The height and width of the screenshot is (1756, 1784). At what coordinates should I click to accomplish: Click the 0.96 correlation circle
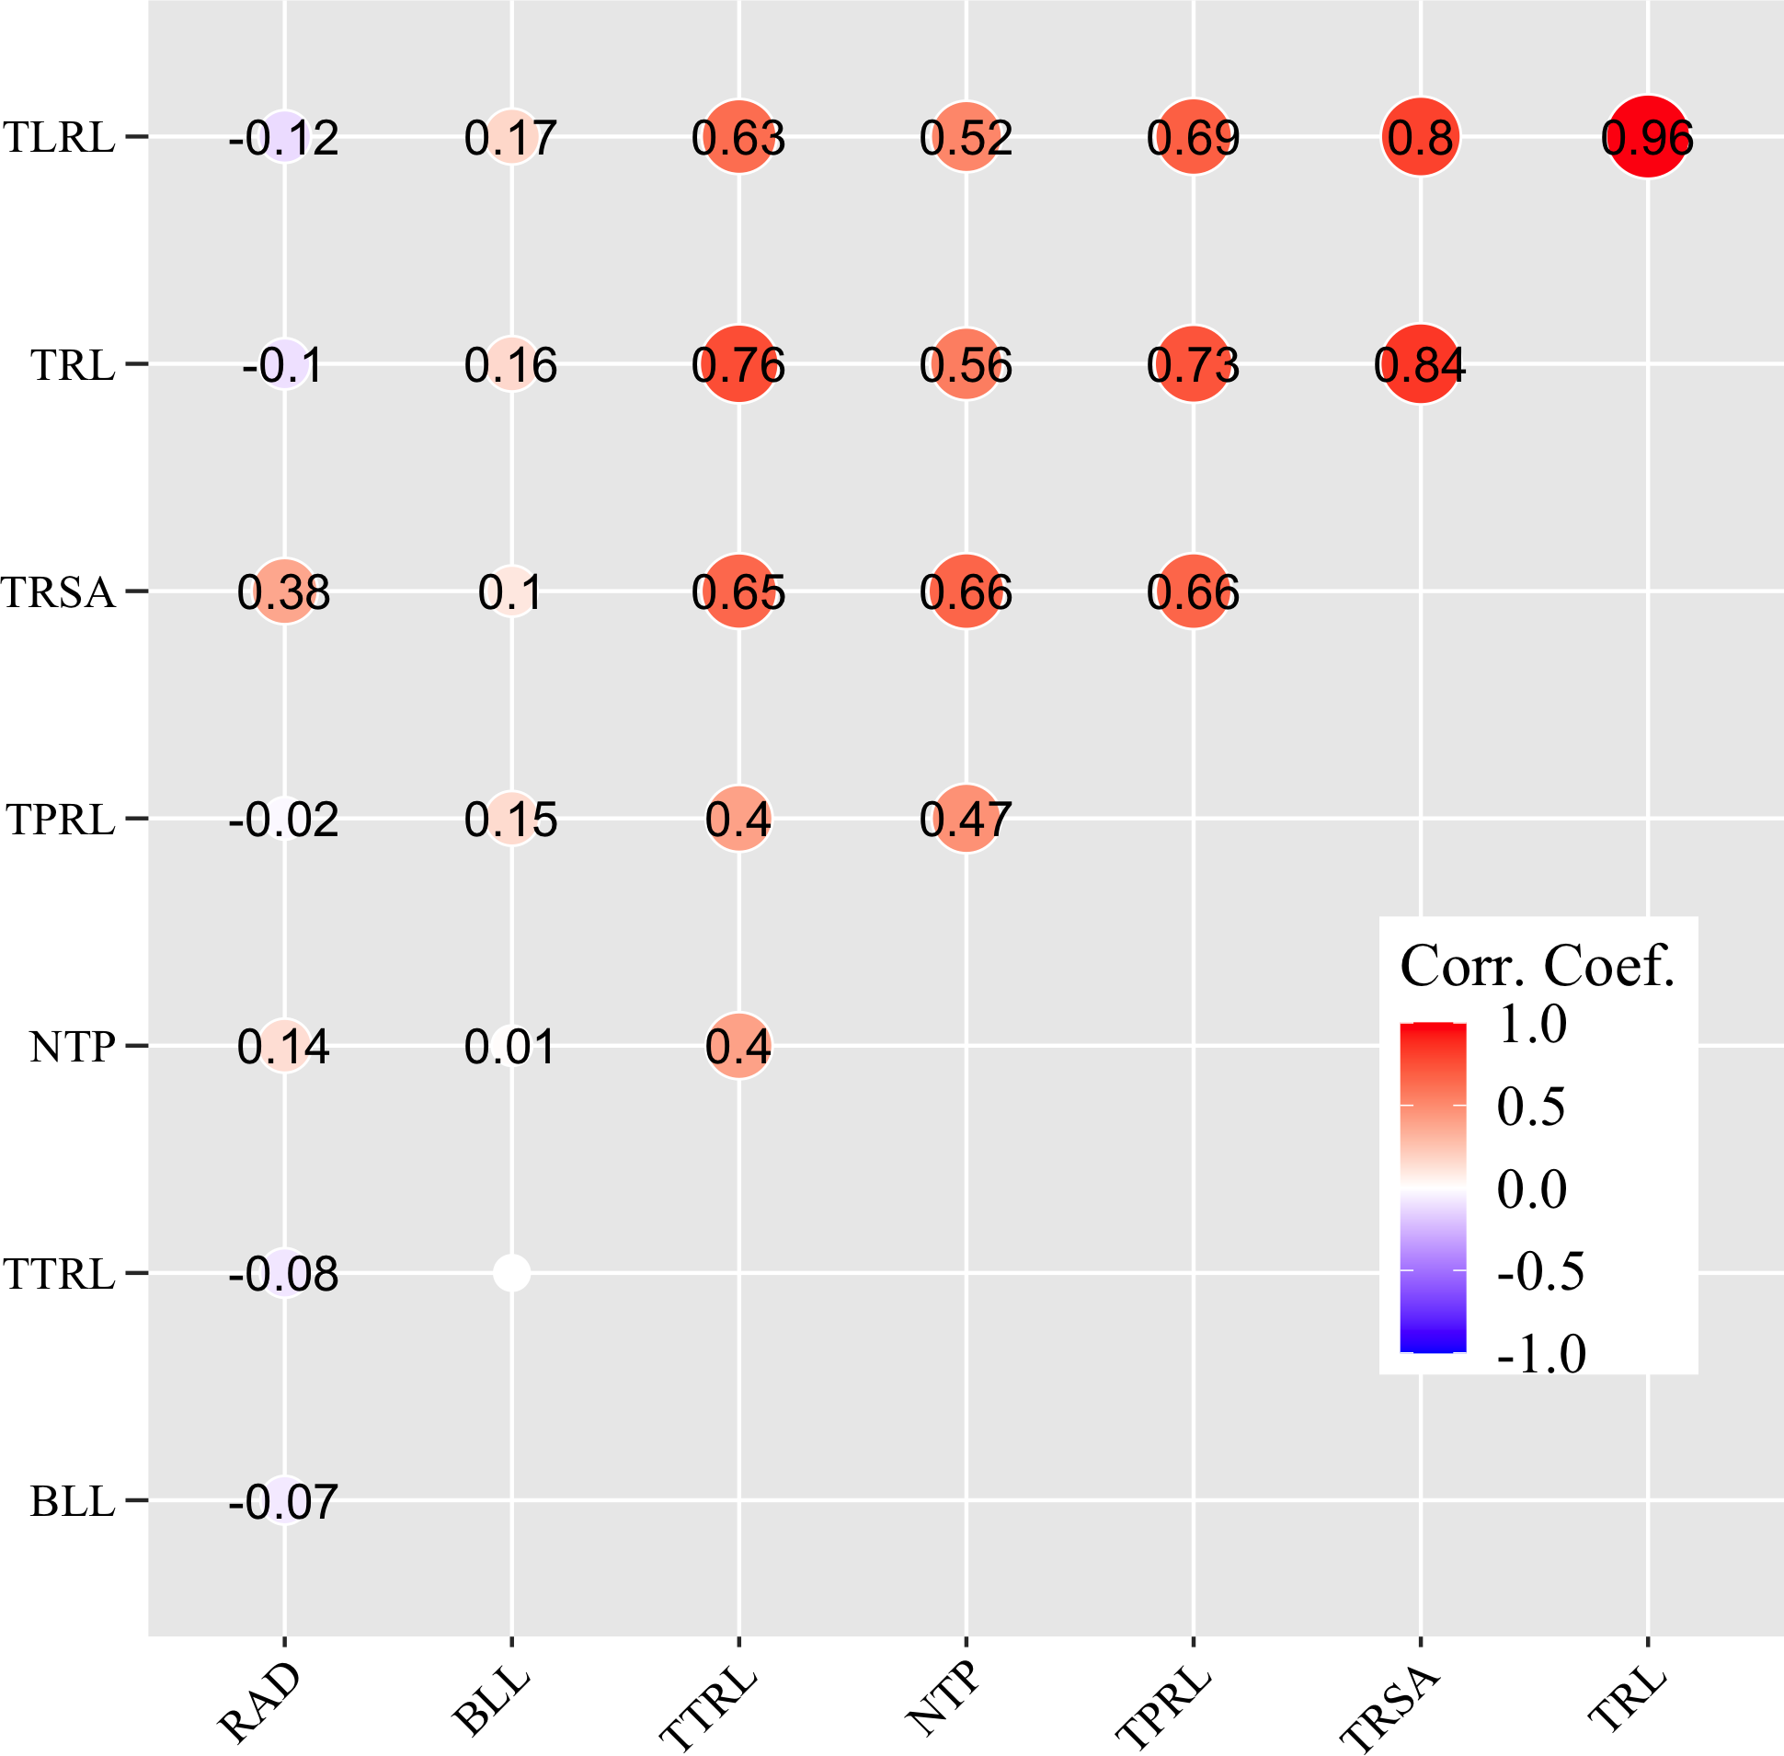(1648, 136)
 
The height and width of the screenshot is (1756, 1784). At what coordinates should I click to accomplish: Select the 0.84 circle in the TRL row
(1421, 363)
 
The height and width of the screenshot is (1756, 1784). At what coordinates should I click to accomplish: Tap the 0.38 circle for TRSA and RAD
(284, 591)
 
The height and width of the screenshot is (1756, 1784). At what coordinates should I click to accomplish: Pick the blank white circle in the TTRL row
(511, 1273)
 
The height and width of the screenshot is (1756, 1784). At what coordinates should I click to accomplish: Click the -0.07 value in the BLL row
(284, 1500)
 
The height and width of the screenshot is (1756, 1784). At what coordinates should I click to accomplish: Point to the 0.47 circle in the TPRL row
(966, 819)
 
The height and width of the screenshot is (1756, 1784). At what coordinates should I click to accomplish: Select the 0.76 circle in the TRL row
(738, 363)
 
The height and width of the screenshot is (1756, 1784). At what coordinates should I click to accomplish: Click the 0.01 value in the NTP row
(511, 1047)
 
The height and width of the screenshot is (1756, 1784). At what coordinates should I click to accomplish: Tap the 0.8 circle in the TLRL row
(1421, 136)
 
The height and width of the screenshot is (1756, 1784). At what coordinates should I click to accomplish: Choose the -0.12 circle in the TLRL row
(284, 136)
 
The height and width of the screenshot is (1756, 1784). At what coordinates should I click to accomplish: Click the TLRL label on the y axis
(60, 137)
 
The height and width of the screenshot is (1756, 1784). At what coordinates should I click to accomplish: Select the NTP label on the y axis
(72, 1047)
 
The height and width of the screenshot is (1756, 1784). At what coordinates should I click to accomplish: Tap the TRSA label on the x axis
(1389, 1708)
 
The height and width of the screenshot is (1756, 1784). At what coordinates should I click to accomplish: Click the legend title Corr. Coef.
(1537, 967)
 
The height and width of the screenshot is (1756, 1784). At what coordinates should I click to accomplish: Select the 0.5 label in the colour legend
(1530, 1106)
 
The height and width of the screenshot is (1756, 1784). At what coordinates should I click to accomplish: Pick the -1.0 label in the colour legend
(1540, 1354)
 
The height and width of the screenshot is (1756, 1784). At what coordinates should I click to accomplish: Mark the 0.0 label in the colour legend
(1531, 1188)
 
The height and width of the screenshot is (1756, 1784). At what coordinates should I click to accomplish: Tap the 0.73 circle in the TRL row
(1193, 363)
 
